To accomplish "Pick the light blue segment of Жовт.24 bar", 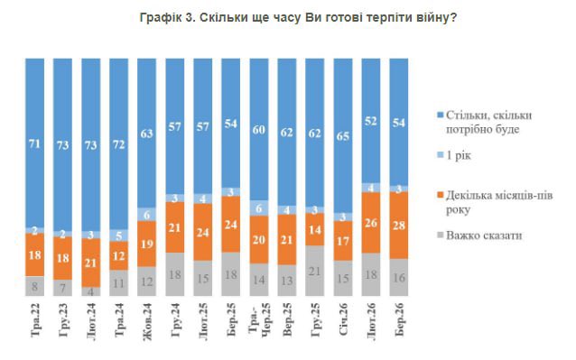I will pyautogui.click(x=148, y=214).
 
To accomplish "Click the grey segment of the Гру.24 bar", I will pyautogui.click(x=176, y=275).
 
